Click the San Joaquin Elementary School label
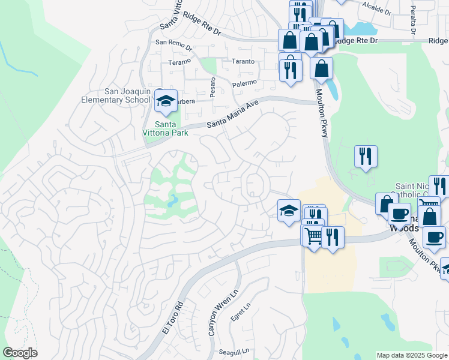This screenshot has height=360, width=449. click(128, 95)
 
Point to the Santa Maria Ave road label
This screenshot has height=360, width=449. click(232, 113)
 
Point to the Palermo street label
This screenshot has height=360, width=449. click(244, 82)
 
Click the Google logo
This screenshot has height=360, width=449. click(20, 353)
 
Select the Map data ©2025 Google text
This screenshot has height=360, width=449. click(412, 355)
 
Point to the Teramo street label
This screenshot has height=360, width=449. click(179, 61)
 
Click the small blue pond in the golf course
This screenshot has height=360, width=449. click(173, 200)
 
